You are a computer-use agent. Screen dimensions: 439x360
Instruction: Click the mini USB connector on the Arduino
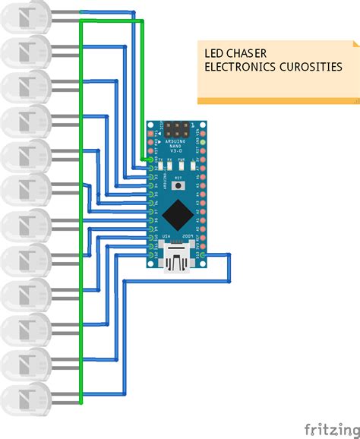tap(177, 260)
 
